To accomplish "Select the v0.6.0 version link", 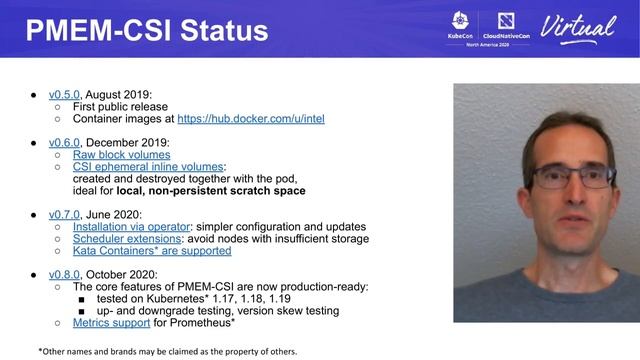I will (x=65, y=142).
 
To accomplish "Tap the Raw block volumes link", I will (x=122, y=155).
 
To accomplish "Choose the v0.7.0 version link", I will (x=65, y=214).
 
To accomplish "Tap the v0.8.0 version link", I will (x=65, y=275).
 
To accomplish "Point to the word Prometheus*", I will (x=204, y=323).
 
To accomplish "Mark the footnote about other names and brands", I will (x=167, y=351).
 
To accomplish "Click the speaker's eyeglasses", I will (x=569, y=177).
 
